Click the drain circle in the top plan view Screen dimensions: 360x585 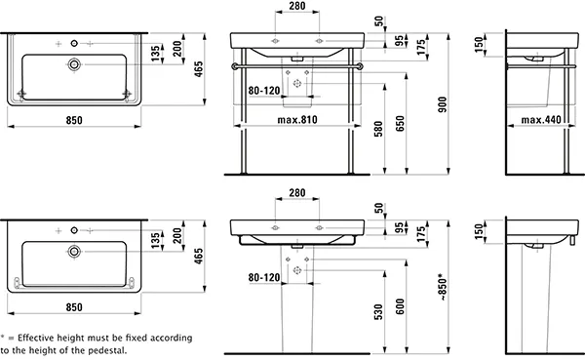pyautogui.click(x=73, y=64)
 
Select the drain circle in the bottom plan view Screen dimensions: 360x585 pyautogui.click(x=73, y=251)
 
